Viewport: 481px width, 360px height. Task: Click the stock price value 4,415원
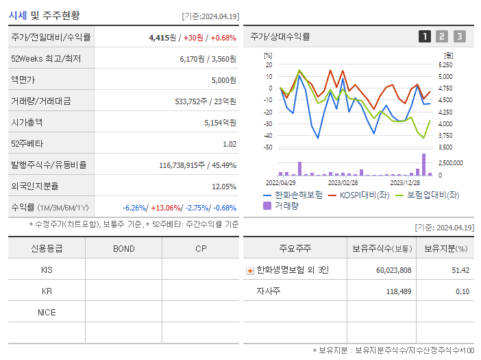coord(162,37)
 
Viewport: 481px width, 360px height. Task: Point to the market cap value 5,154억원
coord(220,123)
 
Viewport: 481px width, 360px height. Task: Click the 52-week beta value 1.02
coord(230,144)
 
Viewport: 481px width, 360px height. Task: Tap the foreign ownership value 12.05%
coord(224,187)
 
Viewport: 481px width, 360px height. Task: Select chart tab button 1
coord(425,36)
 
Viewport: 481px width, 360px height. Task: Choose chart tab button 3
coord(459,36)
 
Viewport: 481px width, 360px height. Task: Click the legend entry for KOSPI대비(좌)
coord(362,195)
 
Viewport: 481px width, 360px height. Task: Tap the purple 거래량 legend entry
coord(282,205)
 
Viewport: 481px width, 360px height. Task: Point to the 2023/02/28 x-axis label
coord(343,183)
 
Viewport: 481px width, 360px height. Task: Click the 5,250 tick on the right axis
coord(445,64)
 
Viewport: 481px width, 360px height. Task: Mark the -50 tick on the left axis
coord(269,147)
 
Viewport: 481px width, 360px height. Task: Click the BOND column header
coord(123,249)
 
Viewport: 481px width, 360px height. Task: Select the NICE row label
coord(47,312)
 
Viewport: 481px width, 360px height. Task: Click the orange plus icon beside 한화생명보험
coord(249,271)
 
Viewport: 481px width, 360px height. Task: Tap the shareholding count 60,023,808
coord(393,270)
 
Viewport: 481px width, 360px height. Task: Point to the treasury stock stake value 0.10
coord(463,291)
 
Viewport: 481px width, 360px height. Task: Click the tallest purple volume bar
coord(423,165)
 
